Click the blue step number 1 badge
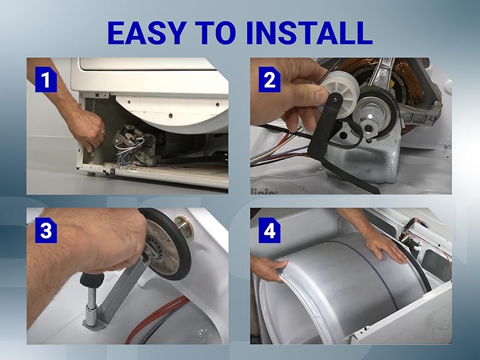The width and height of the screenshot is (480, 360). (x=46, y=80)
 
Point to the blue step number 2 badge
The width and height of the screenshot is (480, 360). (x=269, y=80)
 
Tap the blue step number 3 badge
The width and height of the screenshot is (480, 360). (x=46, y=230)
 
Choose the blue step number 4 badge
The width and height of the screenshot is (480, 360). (x=269, y=230)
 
